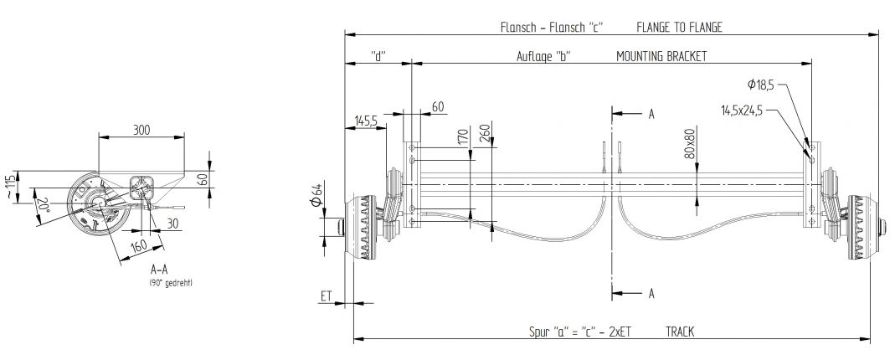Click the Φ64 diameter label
coord(316,203)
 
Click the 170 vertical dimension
coord(462,138)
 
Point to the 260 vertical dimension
coord(484,135)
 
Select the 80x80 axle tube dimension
coord(690,144)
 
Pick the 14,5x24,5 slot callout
coord(742,110)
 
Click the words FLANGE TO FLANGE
coord(679,27)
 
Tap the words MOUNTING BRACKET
coord(661,56)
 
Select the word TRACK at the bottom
coord(683,332)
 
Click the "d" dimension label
coord(378,56)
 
